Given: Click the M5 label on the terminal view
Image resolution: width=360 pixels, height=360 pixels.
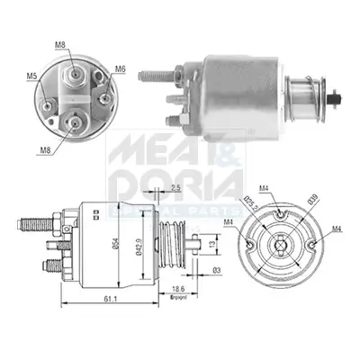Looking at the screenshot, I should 31,76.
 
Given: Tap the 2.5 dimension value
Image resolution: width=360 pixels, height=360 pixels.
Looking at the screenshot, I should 175,188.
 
